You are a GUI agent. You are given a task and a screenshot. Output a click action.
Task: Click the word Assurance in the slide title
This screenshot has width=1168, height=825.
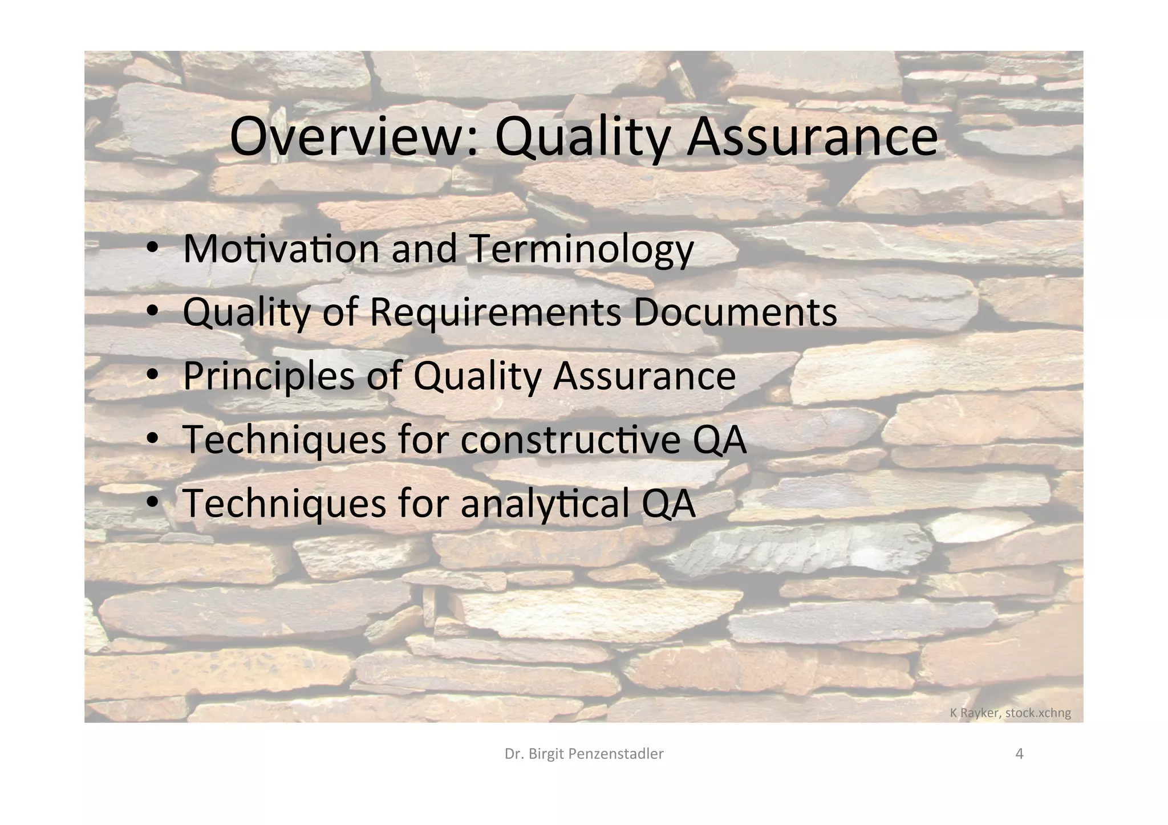pyautogui.click(x=812, y=137)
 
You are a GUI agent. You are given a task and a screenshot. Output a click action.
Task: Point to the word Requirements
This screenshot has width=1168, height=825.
pyautogui.click(x=495, y=312)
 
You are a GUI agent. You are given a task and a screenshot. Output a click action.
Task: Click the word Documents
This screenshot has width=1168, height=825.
pyautogui.click(x=735, y=312)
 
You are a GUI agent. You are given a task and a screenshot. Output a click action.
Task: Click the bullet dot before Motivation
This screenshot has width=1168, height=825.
pyautogui.click(x=152, y=249)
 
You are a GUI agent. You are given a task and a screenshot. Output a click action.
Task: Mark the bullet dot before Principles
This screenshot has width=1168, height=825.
pyautogui.click(x=152, y=376)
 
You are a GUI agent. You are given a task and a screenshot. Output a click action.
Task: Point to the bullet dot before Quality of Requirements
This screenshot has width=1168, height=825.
pyautogui.click(x=152, y=312)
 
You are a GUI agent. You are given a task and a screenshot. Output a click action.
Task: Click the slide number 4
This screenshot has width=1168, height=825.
pyautogui.click(x=1020, y=754)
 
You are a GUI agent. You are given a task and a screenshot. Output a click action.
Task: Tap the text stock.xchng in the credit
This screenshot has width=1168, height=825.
pyautogui.click(x=1039, y=713)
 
